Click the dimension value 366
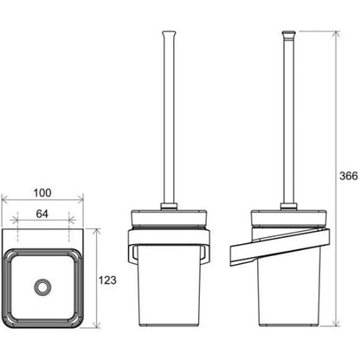[x=349, y=176]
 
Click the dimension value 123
[x=107, y=280]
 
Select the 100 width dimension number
[x=42, y=193]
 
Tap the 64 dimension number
[x=42, y=214]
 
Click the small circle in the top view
[x=43, y=287]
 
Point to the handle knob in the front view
[x=169, y=34]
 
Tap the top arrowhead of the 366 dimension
[x=335, y=35]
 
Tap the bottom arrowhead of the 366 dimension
[x=335, y=323]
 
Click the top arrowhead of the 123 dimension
[x=98, y=232]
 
